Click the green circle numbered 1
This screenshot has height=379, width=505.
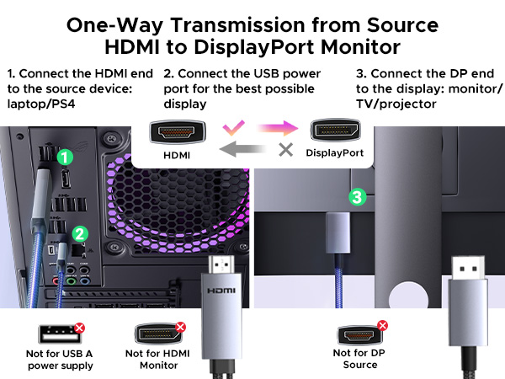(x=64, y=157)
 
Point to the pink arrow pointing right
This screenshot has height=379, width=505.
(x=273, y=129)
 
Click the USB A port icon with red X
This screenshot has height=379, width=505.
(x=53, y=333)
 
